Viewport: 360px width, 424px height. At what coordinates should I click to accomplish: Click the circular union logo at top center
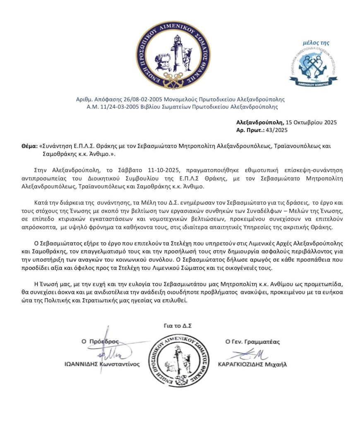tap(174, 56)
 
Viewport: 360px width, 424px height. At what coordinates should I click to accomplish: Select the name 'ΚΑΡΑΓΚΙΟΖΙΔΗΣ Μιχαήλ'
tap(252, 365)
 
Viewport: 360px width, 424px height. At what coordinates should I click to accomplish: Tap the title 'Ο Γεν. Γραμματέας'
tap(252, 342)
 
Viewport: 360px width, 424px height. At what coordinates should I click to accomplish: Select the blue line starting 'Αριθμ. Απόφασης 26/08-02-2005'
tap(180, 99)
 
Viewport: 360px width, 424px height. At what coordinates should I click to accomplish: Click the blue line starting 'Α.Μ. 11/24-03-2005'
tap(180, 106)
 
